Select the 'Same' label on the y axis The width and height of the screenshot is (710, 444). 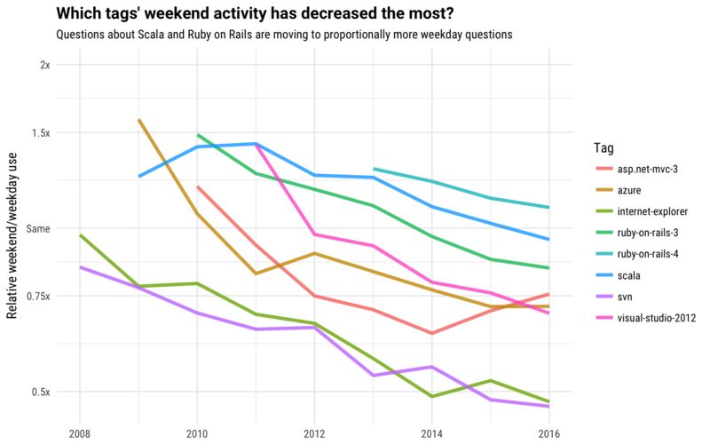(x=38, y=228)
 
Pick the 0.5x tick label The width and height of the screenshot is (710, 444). (x=41, y=392)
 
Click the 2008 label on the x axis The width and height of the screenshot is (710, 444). (x=80, y=432)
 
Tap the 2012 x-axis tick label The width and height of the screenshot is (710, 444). (x=313, y=432)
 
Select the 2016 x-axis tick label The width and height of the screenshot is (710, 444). (x=548, y=432)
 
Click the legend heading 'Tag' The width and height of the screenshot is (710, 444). (x=603, y=147)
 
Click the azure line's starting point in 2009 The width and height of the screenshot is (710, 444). (x=139, y=120)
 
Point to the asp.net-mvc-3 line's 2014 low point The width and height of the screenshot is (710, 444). (x=431, y=333)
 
